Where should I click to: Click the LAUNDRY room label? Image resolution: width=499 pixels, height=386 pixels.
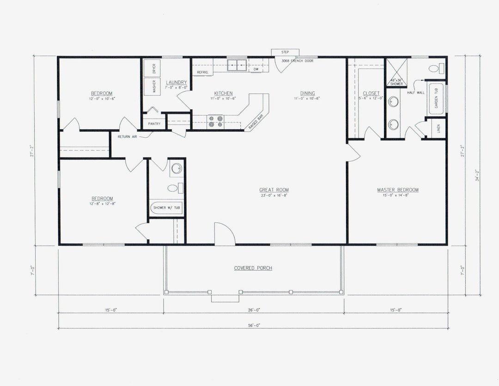(x=176, y=82)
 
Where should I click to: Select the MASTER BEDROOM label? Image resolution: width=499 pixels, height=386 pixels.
(x=397, y=190)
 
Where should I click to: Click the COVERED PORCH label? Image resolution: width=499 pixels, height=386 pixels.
(x=253, y=268)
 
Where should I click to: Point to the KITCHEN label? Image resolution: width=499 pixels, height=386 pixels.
(x=223, y=93)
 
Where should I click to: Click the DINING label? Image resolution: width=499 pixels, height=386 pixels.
(x=307, y=93)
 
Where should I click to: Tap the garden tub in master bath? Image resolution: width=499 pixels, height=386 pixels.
(x=437, y=99)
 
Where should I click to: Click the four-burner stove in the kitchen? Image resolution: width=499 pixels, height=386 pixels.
(x=215, y=121)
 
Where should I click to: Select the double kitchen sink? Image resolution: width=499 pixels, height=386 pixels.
(x=238, y=64)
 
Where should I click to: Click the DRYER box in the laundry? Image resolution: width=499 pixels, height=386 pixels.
(x=152, y=68)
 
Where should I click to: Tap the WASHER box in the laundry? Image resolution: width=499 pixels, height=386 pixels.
(x=152, y=87)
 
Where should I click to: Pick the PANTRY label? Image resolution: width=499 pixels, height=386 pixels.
(x=154, y=124)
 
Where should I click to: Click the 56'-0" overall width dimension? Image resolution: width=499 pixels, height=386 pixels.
(x=253, y=325)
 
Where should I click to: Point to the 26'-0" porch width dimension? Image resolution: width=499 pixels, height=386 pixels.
(x=253, y=310)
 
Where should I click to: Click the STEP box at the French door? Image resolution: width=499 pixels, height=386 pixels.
(x=285, y=52)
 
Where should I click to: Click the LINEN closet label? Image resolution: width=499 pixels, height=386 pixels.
(x=438, y=129)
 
